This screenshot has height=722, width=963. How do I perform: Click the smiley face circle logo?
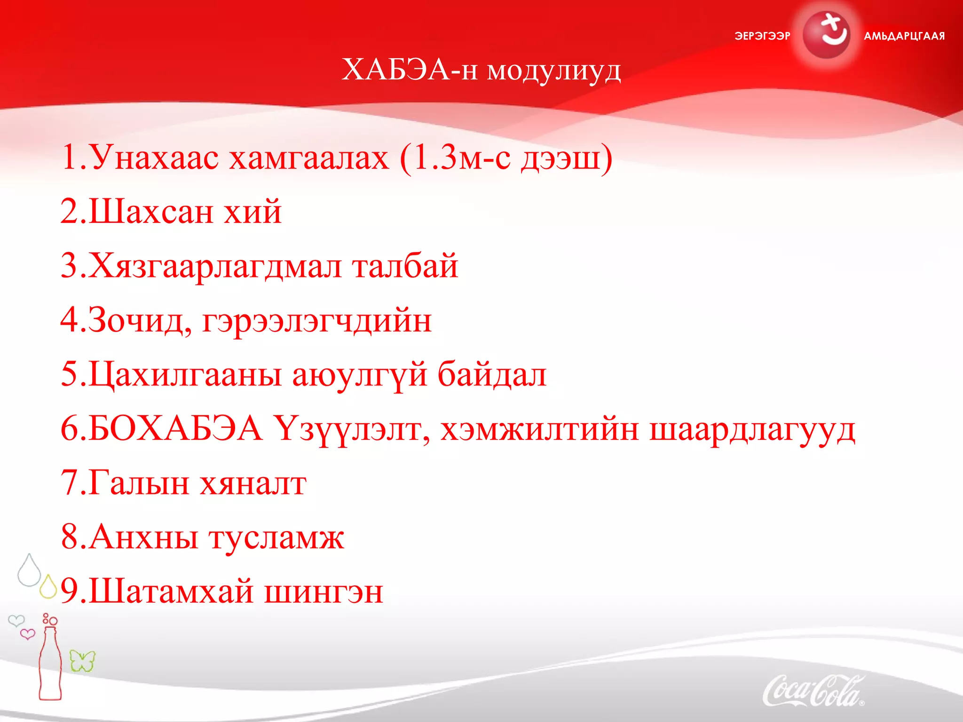(826, 35)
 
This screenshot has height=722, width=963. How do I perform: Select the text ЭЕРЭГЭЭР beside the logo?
(762, 36)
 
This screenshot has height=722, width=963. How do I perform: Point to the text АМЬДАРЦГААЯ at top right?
(904, 36)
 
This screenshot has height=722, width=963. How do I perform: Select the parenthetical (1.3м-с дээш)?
(506, 158)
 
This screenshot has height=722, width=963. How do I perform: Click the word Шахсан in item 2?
(150, 212)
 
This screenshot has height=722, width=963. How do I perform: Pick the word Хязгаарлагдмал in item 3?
(214, 267)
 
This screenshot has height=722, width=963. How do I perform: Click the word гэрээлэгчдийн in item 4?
(316, 322)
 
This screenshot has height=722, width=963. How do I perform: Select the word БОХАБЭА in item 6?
(175, 429)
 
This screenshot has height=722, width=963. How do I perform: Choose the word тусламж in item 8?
(276, 537)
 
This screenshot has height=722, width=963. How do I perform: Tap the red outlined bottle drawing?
(50, 663)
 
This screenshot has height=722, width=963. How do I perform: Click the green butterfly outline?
(82, 661)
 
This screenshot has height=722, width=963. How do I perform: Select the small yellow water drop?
(48, 587)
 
